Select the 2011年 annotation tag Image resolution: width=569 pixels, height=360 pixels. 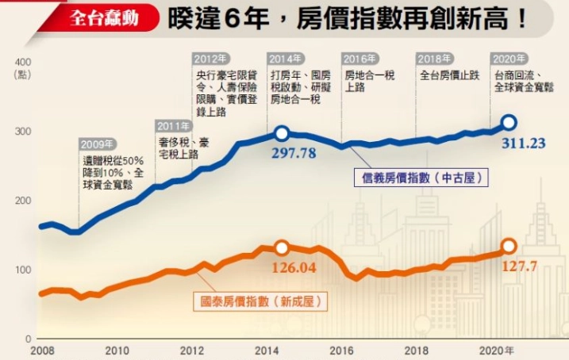pos(174,126)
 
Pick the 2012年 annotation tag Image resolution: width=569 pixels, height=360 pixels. pos(212,59)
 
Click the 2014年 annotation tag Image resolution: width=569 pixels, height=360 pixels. pos(286,59)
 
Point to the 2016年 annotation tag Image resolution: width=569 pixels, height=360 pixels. pos(359,59)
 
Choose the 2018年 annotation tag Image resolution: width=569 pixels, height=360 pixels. pos(435,59)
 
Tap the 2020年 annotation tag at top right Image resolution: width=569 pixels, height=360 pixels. pos(509,59)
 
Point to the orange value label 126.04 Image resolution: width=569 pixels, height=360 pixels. pos(294,267)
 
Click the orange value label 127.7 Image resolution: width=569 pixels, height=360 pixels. pos(520,266)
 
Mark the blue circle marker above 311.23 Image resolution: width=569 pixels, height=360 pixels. pos(509,122)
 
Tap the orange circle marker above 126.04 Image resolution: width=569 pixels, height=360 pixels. pos(281,248)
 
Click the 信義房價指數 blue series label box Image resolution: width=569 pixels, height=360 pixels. pos(420,178)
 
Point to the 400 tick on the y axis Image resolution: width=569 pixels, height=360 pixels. pos(22,62)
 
